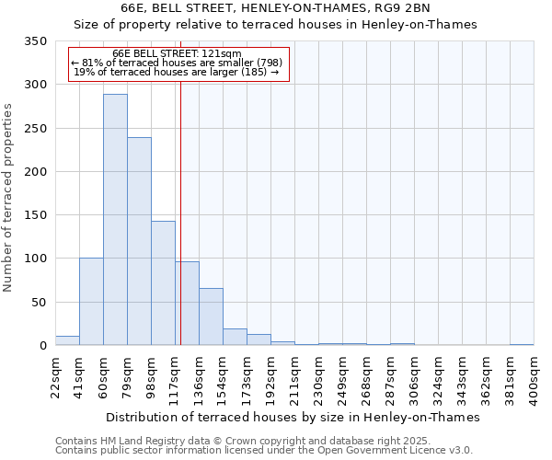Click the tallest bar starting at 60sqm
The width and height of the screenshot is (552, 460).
coord(115,221)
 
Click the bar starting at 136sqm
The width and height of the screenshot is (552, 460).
coord(211,317)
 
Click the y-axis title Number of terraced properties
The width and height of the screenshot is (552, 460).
coord(9,198)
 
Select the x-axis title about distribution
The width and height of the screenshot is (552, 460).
coord(294,417)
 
